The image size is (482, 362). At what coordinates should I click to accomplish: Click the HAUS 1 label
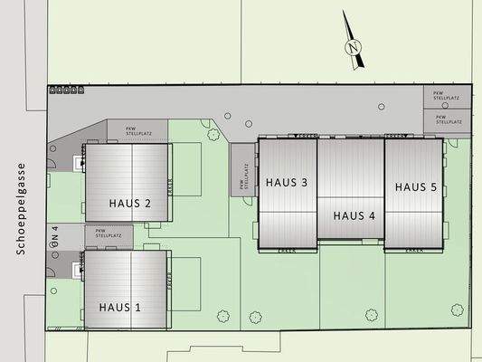pyautogui.click(x=120, y=306)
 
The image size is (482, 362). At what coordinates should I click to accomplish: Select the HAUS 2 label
pyautogui.click(x=129, y=203)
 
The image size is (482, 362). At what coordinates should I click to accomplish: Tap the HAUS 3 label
pyautogui.click(x=287, y=182)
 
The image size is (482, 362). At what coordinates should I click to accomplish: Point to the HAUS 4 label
pyautogui.click(x=354, y=215)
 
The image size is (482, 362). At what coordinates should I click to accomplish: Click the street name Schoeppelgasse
pyautogui.click(x=17, y=209)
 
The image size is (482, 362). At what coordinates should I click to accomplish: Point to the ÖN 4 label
pyautogui.click(x=55, y=236)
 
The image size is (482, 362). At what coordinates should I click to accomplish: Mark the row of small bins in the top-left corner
pyautogui.click(x=66, y=90)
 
